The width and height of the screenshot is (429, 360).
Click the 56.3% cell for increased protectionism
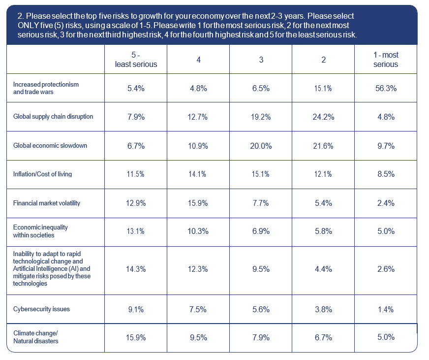tap(386, 89)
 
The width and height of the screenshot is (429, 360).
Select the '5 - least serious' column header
tap(136, 60)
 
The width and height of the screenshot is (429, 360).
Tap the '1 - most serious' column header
tap(386, 60)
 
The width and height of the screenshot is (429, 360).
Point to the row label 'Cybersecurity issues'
tap(41, 309)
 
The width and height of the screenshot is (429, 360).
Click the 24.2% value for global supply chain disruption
tap(323, 117)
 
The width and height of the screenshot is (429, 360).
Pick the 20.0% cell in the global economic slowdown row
tap(261, 146)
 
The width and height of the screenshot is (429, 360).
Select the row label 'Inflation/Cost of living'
tap(46, 174)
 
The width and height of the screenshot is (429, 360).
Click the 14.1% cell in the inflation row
tap(198, 174)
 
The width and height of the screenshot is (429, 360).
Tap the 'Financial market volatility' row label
tap(47, 203)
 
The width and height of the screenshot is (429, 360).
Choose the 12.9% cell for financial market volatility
tap(136, 203)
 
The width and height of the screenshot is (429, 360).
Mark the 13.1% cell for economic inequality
tap(136, 231)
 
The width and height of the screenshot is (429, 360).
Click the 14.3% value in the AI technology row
tap(136, 269)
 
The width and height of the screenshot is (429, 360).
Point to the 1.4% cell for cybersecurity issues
tap(386, 309)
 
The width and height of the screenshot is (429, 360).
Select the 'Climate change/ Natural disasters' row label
tap(35, 337)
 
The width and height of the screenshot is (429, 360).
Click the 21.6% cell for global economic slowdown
tap(323, 146)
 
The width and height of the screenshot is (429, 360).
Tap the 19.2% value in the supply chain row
tap(261, 117)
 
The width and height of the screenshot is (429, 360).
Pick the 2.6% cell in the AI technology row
tap(386, 269)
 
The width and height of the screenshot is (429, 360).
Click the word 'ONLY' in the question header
tap(28, 26)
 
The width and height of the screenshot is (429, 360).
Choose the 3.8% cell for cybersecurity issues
tap(323, 309)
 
